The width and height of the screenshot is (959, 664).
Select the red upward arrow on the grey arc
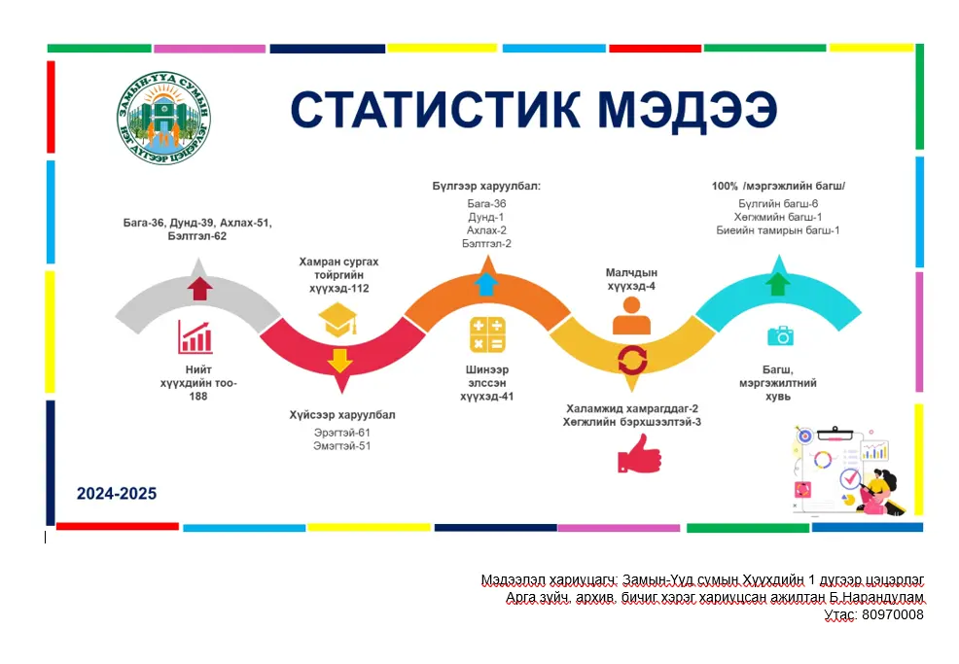(x=199, y=287)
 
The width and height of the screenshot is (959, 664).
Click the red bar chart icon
(x=195, y=336)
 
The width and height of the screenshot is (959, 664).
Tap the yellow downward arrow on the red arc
(x=339, y=361)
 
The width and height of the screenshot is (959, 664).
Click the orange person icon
(x=631, y=316)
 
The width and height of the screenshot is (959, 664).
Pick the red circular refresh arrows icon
(x=631, y=360)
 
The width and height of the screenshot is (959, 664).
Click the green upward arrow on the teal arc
(x=777, y=283)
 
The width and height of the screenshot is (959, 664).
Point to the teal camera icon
(x=780, y=336)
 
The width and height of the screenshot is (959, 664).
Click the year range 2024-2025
(x=117, y=494)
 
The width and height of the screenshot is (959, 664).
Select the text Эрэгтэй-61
(x=341, y=432)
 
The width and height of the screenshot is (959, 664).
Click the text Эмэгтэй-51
(x=341, y=445)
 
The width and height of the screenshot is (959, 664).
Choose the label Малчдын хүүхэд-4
(x=631, y=279)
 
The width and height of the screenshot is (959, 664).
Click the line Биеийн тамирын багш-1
(x=778, y=230)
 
